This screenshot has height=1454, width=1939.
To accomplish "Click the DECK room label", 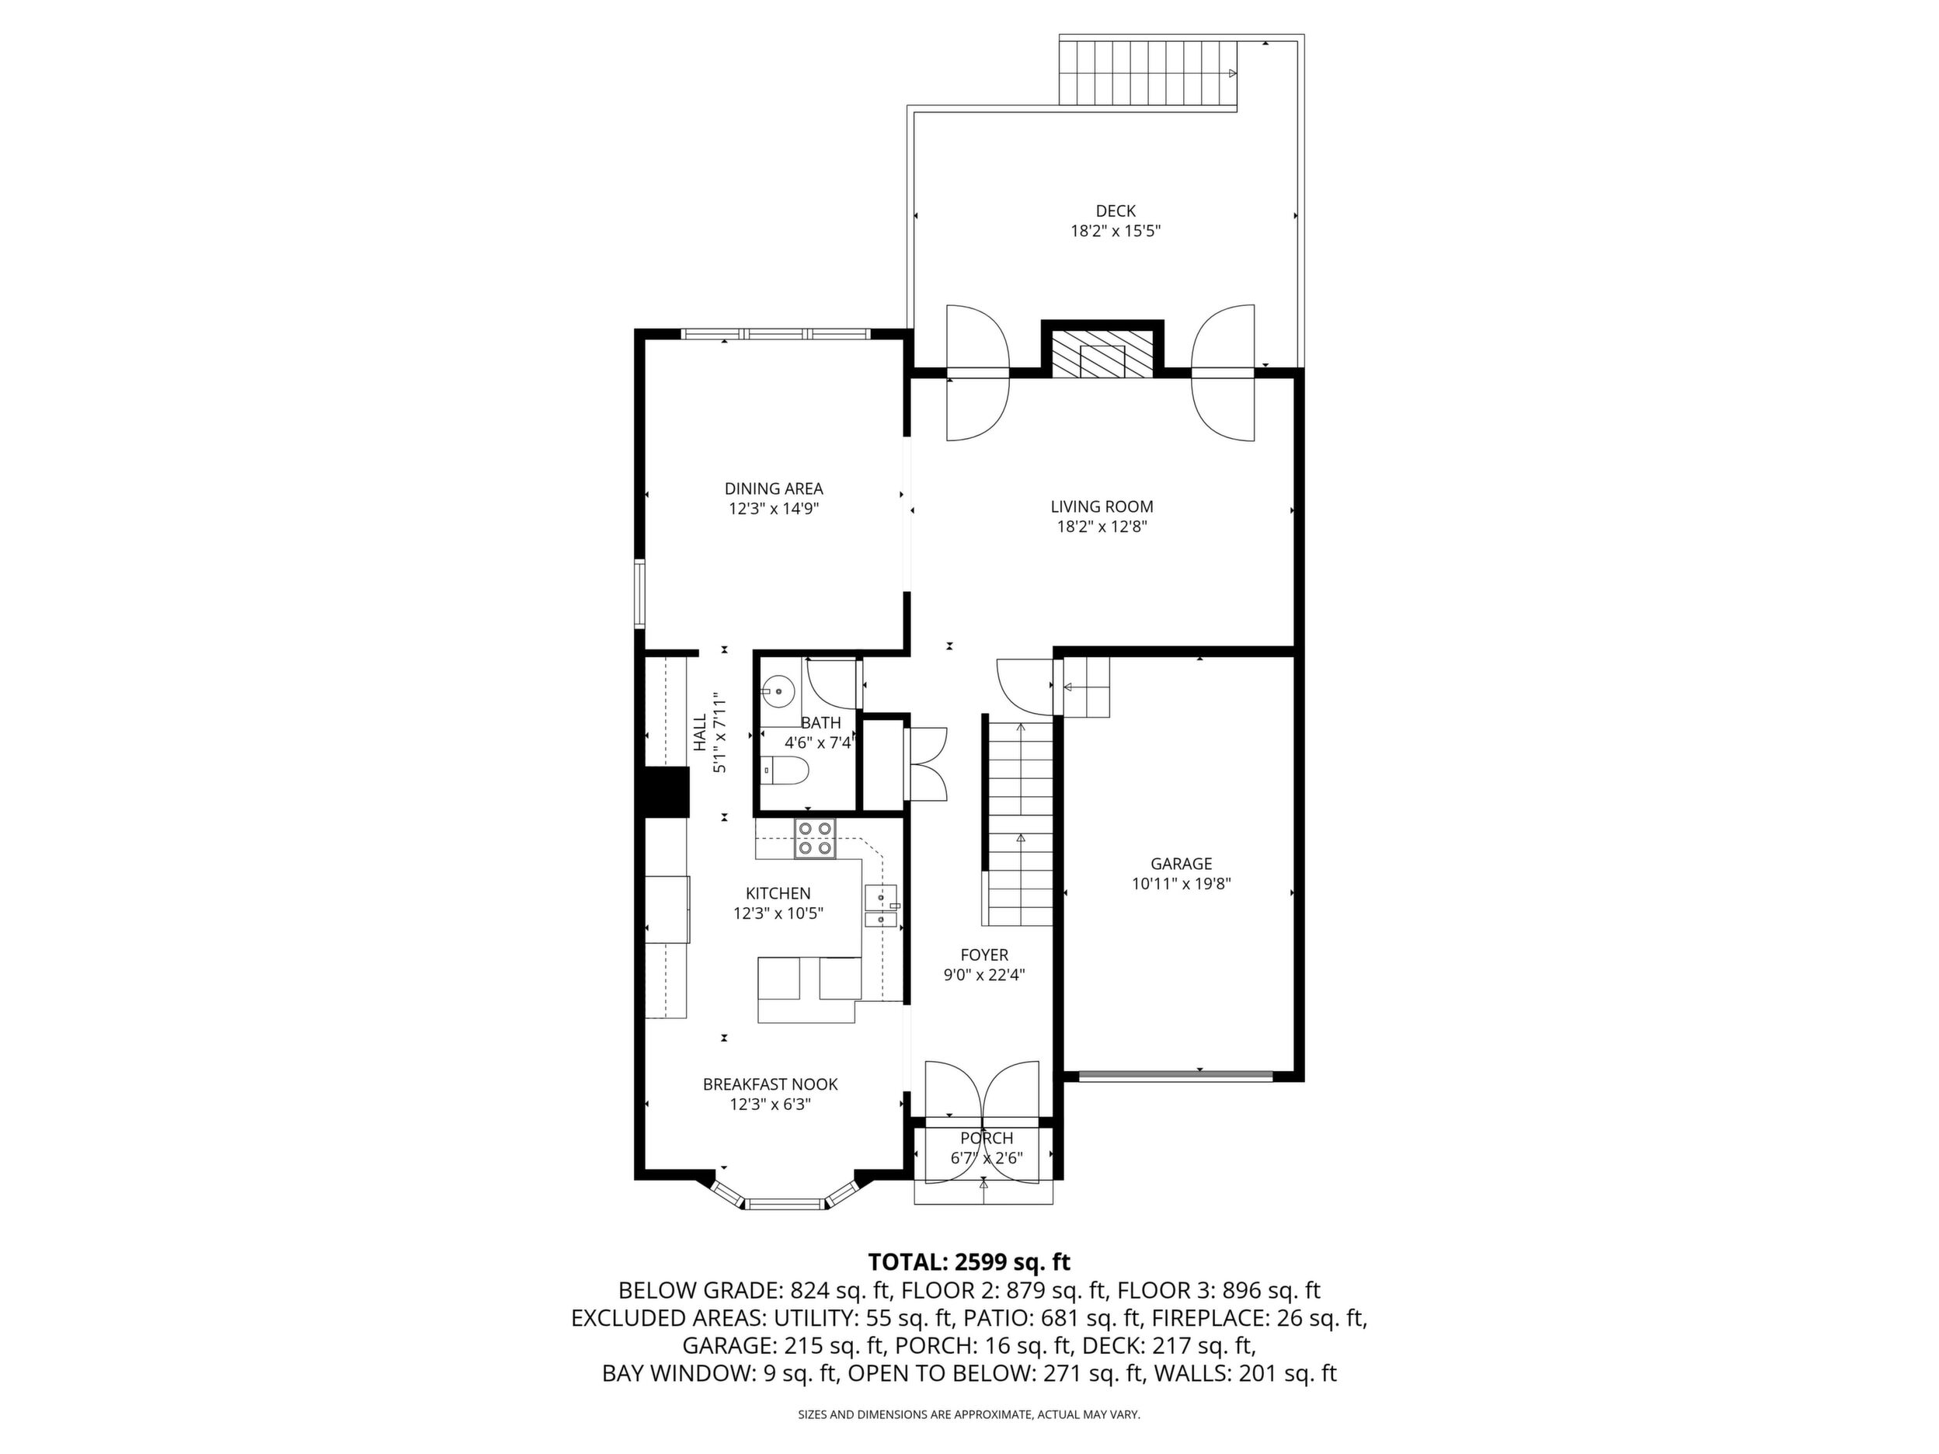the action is (1115, 210).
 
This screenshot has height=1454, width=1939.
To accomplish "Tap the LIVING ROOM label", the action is (1102, 506).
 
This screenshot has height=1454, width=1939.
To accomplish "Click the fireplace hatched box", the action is (1102, 354).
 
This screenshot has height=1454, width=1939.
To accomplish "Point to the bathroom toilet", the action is (783, 770).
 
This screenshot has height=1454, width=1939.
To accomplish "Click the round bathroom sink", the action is (778, 691).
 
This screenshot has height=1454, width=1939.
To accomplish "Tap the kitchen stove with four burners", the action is (815, 838).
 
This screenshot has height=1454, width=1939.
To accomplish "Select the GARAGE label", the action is (1181, 864).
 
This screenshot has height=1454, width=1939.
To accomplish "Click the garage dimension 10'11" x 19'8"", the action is (1181, 885).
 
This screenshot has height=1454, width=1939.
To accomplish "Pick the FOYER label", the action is (984, 955).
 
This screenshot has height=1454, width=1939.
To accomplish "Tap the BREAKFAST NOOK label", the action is (771, 1085).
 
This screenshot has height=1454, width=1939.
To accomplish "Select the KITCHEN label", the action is (778, 894).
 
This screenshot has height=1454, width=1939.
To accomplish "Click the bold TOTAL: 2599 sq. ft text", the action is (969, 1262).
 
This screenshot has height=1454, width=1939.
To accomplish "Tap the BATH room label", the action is (820, 723).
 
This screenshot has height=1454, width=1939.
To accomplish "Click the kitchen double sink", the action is (881, 906).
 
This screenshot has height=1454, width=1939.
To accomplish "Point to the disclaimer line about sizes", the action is (969, 1414).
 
